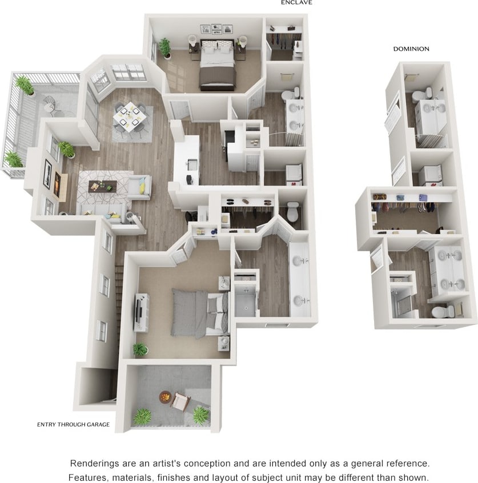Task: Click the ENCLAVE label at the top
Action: [x=296, y=2]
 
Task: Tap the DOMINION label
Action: [x=411, y=49]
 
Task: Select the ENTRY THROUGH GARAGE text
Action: [x=73, y=424]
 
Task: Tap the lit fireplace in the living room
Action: [x=57, y=184]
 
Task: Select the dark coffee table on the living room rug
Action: [x=102, y=187]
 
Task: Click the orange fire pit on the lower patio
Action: [x=164, y=396]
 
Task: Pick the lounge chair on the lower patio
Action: [x=180, y=402]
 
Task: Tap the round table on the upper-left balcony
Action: [x=50, y=103]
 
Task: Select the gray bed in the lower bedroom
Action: [x=197, y=313]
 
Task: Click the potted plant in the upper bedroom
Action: [x=165, y=47]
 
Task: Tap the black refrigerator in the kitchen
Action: [x=230, y=139]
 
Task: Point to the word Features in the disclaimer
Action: [x=87, y=477]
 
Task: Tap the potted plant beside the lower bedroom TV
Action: [x=139, y=349]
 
